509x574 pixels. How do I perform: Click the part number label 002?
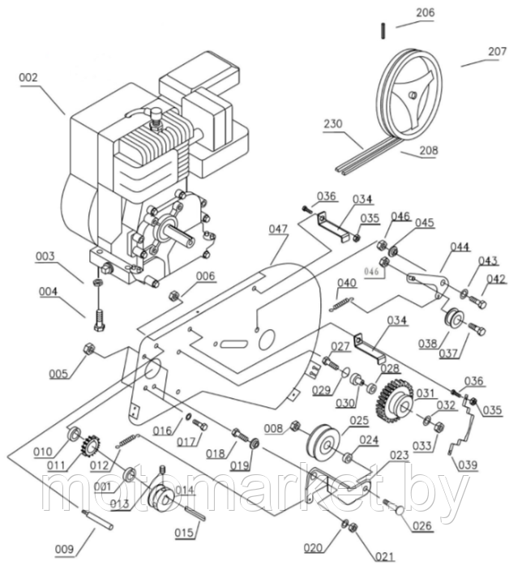tap(29, 78)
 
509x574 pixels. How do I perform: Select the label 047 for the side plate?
tap(279, 230)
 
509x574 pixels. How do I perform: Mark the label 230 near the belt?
tap(333, 125)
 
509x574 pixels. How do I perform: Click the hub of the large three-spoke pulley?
tap(413, 96)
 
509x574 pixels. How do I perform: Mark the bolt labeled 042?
tap(478, 303)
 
